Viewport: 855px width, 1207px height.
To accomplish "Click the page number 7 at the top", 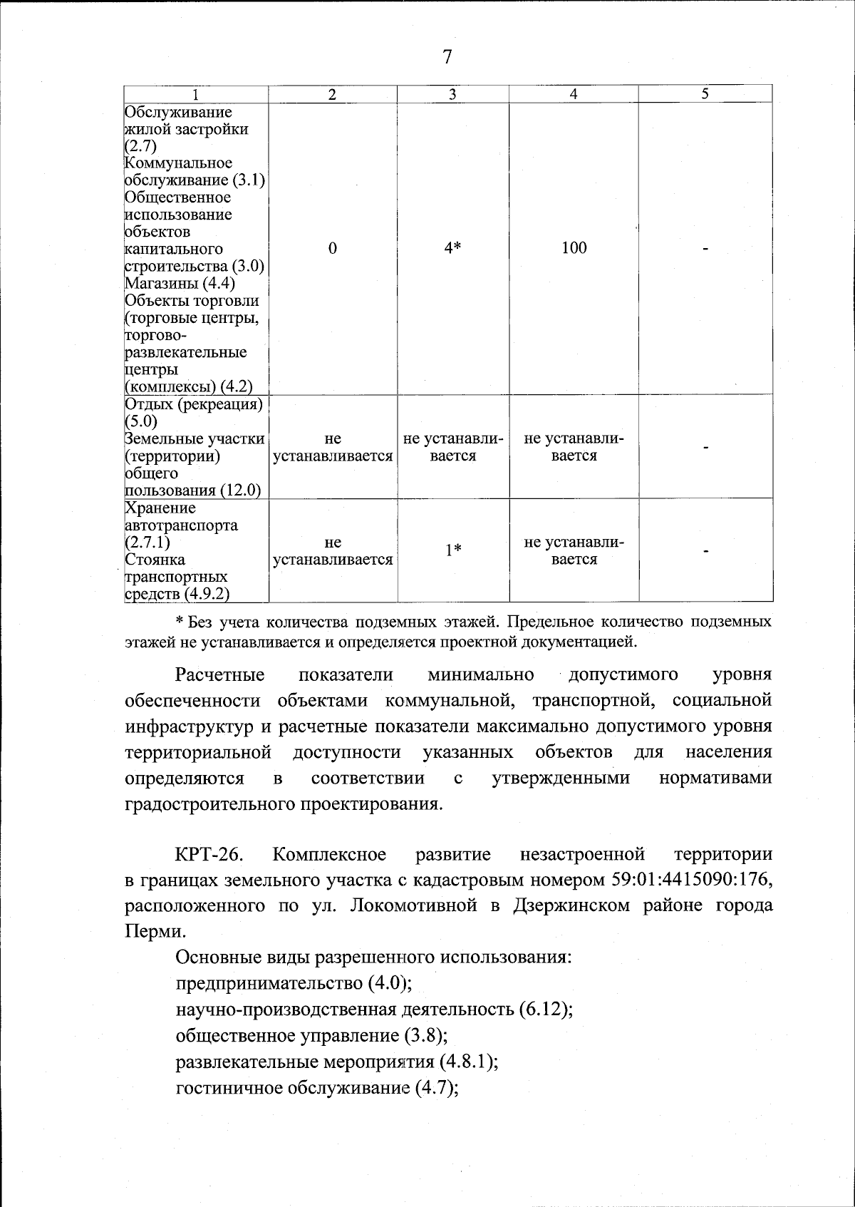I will [447, 58].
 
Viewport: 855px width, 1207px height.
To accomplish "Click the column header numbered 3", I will [452, 94].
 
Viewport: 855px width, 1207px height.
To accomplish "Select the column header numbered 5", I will [705, 93].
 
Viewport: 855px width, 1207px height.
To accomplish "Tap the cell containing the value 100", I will [574, 248].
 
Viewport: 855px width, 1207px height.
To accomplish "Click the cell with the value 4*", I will [452, 248].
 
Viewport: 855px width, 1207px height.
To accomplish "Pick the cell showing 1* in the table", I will [453, 550].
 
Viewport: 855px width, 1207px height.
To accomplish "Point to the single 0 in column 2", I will [332, 248].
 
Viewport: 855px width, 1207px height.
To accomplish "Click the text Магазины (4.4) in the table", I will [180, 283].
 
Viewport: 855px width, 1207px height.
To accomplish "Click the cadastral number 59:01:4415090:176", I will [691, 880].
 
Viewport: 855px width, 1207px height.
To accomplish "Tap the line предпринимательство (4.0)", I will [293, 983].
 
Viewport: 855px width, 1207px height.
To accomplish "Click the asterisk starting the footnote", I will [180, 622].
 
